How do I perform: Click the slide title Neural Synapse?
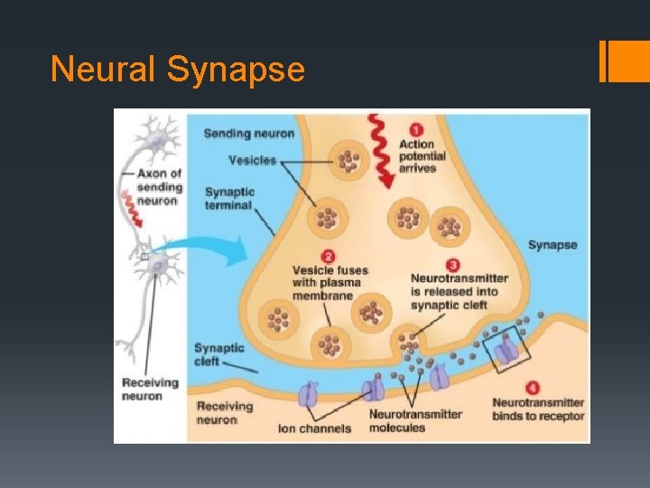[x=178, y=69]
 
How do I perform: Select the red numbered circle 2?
[x=329, y=256]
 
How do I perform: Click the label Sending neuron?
[x=249, y=134]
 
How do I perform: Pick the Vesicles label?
[x=252, y=160]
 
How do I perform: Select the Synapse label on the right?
[x=552, y=245]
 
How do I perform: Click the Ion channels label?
[x=314, y=428]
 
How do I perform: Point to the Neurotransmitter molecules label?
[x=415, y=421]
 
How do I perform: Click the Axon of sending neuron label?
[x=159, y=187]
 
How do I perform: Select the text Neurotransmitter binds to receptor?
[x=538, y=409]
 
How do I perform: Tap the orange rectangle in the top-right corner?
[x=623, y=61]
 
